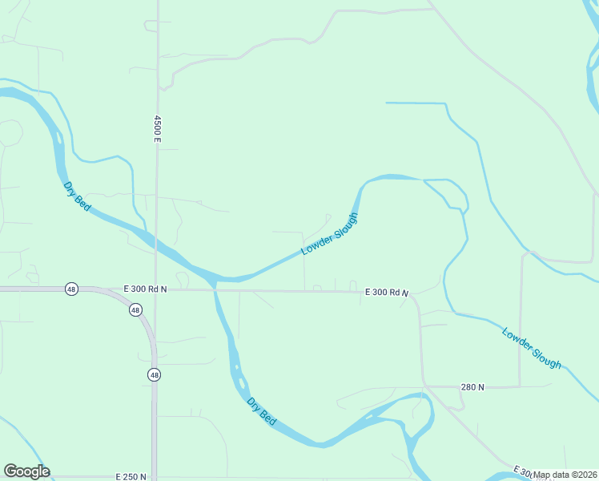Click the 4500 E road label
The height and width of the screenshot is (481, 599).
point(158,129)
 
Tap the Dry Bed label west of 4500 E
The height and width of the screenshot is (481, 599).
point(77,196)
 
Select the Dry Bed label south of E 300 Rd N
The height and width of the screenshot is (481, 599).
point(262,411)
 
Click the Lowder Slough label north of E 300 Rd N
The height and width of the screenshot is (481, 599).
point(329,234)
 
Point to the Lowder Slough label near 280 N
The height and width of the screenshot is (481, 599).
point(532,348)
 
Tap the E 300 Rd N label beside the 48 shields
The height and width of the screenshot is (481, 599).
point(145,288)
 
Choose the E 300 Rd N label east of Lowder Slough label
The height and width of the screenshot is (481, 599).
point(387,293)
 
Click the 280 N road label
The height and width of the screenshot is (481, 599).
point(472,387)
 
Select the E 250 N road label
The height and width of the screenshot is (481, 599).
point(132,476)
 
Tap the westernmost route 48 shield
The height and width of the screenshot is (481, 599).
point(71,289)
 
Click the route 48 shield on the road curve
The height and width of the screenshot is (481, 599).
point(135,309)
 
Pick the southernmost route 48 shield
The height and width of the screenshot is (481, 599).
point(154,374)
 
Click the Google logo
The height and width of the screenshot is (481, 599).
point(26,471)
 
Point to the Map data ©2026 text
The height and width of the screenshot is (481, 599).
point(565,475)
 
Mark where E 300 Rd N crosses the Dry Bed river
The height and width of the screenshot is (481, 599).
point(214,289)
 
